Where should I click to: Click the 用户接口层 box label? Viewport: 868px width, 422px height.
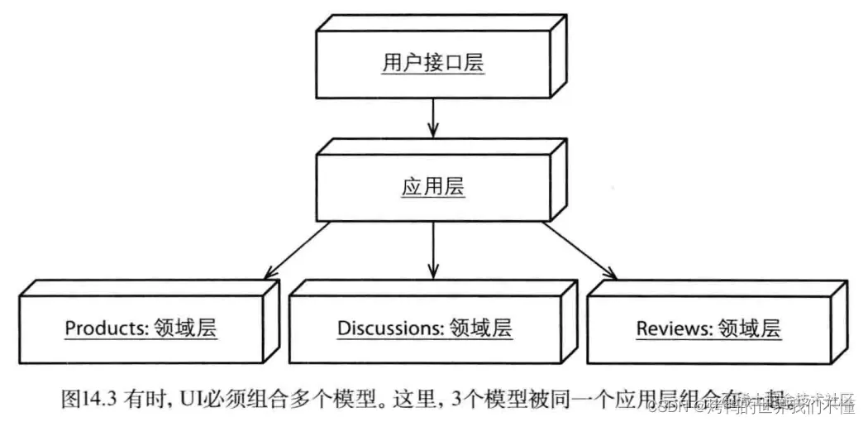[432, 65]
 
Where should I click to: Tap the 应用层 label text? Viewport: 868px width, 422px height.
[432, 187]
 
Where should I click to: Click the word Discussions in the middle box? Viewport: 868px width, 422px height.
[390, 328]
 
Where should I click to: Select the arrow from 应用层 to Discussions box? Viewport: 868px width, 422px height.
[432, 248]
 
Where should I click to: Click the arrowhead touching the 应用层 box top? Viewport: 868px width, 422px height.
[432, 131]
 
